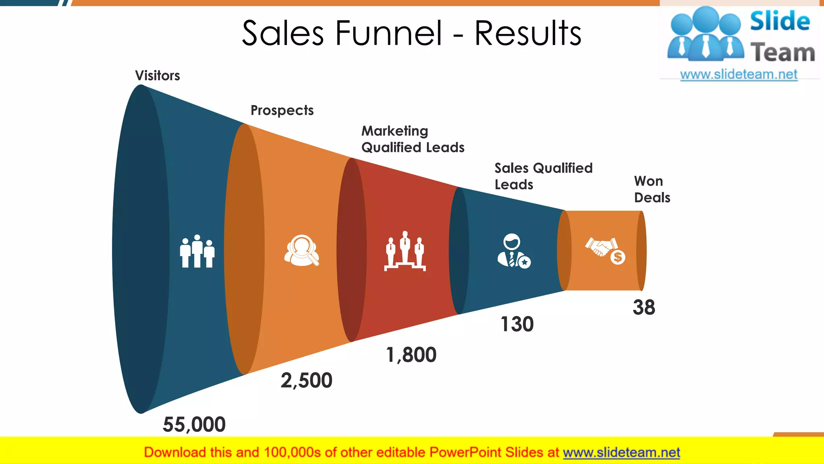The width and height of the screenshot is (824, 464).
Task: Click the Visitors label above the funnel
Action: click(x=157, y=76)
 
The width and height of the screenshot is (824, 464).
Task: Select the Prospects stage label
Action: click(x=282, y=110)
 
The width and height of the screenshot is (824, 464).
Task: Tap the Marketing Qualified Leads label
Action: click(x=413, y=139)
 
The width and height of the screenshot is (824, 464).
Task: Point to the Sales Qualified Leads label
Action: click(x=543, y=176)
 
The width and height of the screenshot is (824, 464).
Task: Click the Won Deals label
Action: click(x=652, y=189)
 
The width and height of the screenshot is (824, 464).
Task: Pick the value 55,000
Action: click(x=194, y=425)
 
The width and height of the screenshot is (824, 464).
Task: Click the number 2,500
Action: click(x=307, y=381)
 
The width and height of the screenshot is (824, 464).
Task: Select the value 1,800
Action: click(x=411, y=355)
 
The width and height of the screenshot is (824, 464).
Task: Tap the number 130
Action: click(x=517, y=324)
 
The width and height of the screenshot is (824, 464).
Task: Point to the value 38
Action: click(x=644, y=307)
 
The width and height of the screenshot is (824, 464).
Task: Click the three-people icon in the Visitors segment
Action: click(x=197, y=251)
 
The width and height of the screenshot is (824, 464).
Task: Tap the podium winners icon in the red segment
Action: click(x=405, y=251)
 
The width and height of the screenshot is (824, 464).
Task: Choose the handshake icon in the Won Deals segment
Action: click(x=600, y=246)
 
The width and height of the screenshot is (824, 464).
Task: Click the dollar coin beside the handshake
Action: click(x=618, y=257)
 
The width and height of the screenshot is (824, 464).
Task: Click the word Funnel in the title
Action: click(x=389, y=33)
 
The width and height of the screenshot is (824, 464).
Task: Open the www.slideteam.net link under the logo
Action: click(x=739, y=75)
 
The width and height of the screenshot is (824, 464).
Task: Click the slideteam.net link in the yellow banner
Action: click(x=621, y=453)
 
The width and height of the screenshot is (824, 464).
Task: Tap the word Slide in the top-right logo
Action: click(x=780, y=21)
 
